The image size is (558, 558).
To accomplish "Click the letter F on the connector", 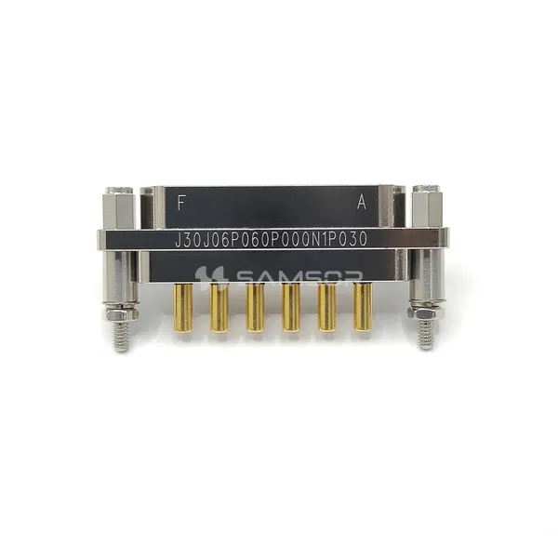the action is click(x=181, y=203).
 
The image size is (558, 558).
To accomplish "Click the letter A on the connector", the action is click(x=362, y=203).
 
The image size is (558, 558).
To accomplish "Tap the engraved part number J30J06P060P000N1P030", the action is click(x=271, y=239).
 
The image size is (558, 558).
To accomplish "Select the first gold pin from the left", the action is click(x=183, y=308).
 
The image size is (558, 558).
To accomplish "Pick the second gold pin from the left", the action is click(x=219, y=308).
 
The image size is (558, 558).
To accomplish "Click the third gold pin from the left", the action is click(x=256, y=308).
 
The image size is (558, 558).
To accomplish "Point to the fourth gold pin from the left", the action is click(x=291, y=308).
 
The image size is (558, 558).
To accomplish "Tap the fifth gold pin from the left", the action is click(x=327, y=308).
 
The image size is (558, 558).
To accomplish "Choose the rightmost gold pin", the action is click(x=363, y=307).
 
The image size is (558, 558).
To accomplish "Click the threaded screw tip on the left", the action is click(x=121, y=336).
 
